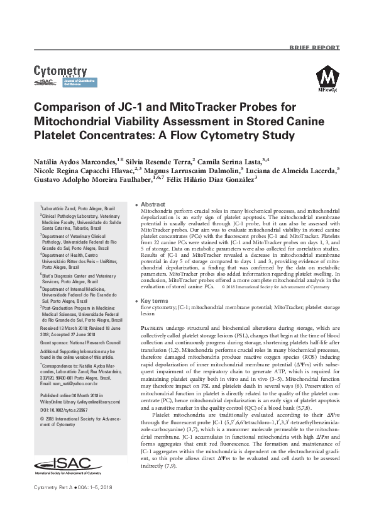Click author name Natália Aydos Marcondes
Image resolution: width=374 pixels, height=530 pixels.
point(73,158)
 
